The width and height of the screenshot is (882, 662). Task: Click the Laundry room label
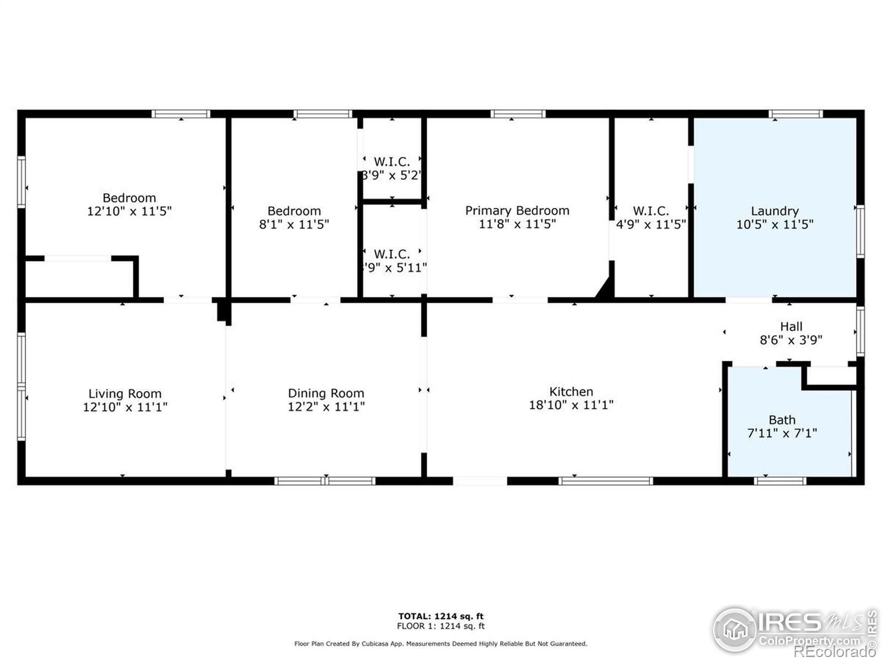pyautogui.click(x=775, y=211)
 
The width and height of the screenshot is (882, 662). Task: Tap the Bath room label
pyautogui.click(x=782, y=420)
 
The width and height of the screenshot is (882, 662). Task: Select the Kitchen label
pyautogui.click(x=571, y=392)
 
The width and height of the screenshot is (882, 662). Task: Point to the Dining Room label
pyautogui.click(x=326, y=393)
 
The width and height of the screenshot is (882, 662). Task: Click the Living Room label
pyautogui.click(x=125, y=394)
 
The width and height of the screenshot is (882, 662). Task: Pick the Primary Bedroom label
pyautogui.click(x=517, y=210)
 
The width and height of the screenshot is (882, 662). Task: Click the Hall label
pyautogui.click(x=791, y=327)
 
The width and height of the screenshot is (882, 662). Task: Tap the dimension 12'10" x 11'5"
pyautogui.click(x=130, y=211)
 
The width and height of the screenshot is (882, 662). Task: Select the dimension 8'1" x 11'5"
pyautogui.click(x=294, y=225)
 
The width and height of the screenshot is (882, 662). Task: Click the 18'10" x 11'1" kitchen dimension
pyautogui.click(x=571, y=405)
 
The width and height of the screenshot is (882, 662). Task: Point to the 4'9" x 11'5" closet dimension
pyautogui.click(x=650, y=225)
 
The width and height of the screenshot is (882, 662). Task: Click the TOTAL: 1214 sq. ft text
pyautogui.click(x=441, y=616)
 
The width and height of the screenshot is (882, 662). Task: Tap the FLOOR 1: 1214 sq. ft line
pyautogui.click(x=441, y=626)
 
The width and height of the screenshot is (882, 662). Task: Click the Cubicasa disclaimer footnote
pyautogui.click(x=441, y=644)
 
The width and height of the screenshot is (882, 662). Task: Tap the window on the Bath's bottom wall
pyautogui.click(x=780, y=481)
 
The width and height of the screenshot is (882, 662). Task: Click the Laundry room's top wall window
pyautogui.click(x=796, y=114)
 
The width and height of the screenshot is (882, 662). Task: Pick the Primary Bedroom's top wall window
pyautogui.click(x=518, y=114)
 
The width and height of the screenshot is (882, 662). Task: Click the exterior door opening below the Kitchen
pyautogui.click(x=480, y=481)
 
